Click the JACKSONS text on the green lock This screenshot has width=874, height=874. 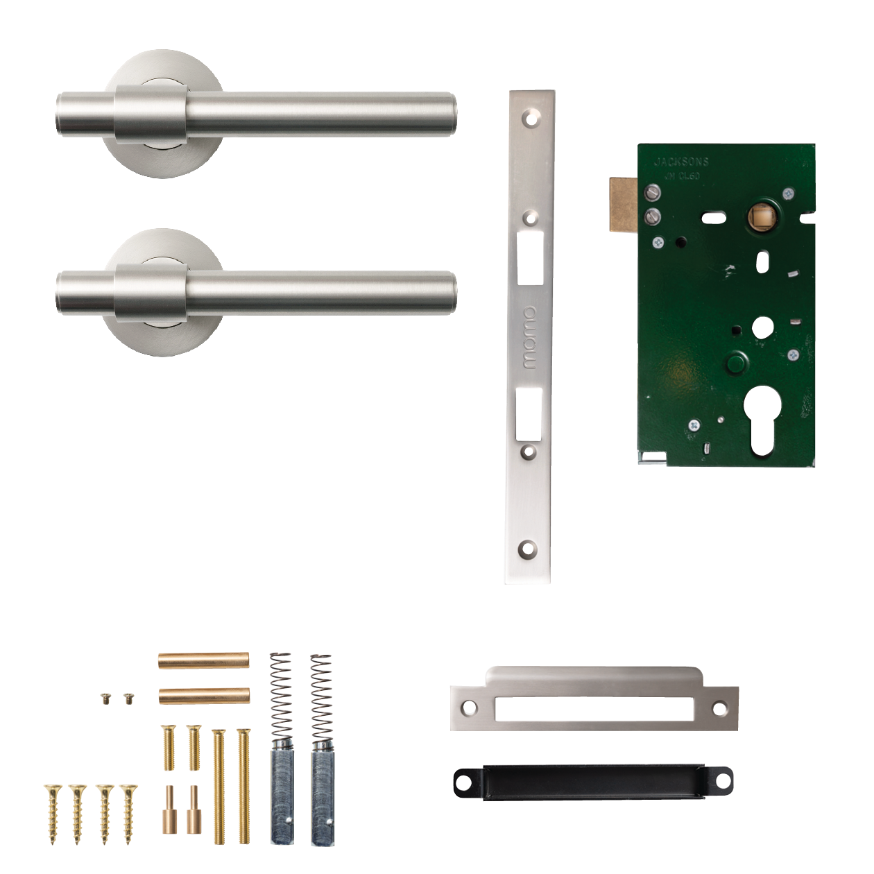tap(681, 162)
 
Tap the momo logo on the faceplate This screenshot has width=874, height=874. tap(529, 338)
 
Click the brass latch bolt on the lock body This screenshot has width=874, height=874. tap(624, 204)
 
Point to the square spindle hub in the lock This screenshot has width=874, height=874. tap(762, 217)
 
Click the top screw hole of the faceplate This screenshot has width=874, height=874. tap(531, 118)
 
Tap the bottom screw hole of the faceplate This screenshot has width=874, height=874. tap(529, 549)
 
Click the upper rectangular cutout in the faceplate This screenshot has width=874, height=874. tap(530, 258)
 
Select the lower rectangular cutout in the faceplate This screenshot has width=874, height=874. tap(529, 415)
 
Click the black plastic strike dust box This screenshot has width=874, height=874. tap(593, 782)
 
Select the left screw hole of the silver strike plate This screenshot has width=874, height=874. tap(470, 708)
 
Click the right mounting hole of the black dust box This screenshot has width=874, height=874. tap(721, 781)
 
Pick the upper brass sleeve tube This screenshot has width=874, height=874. tap(204, 660)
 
